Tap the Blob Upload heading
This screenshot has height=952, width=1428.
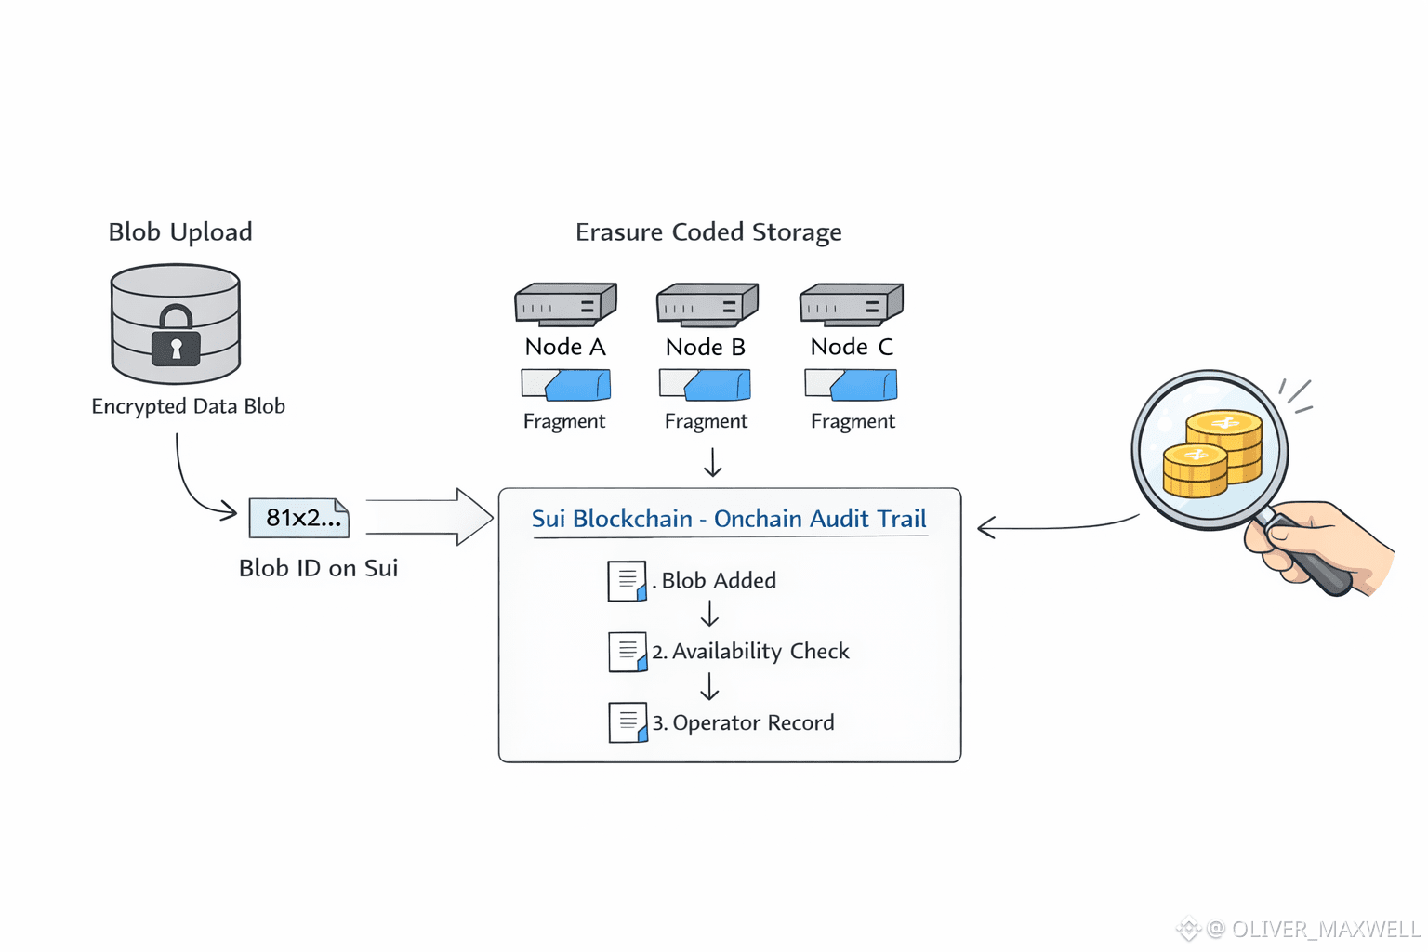pos(180,232)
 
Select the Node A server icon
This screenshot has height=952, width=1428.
pos(565,304)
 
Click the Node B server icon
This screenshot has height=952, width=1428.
pos(707,304)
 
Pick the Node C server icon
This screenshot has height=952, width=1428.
pos(851,304)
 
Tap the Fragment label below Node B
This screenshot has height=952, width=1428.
pos(706,421)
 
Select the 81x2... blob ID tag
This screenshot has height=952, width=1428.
pos(299,518)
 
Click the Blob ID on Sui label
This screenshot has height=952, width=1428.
pos(318,568)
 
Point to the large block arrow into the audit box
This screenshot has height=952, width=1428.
pos(430,516)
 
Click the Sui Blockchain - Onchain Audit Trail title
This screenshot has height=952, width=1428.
pos(729,519)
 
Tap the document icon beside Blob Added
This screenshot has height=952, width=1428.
pos(628,581)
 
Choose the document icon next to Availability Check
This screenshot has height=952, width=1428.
pos(628,652)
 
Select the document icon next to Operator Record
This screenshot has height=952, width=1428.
pos(628,722)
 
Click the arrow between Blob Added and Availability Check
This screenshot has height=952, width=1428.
pos(709,615)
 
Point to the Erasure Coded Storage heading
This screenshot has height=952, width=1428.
pos(708,232)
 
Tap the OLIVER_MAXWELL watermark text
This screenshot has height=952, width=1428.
pos(1325,929)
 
